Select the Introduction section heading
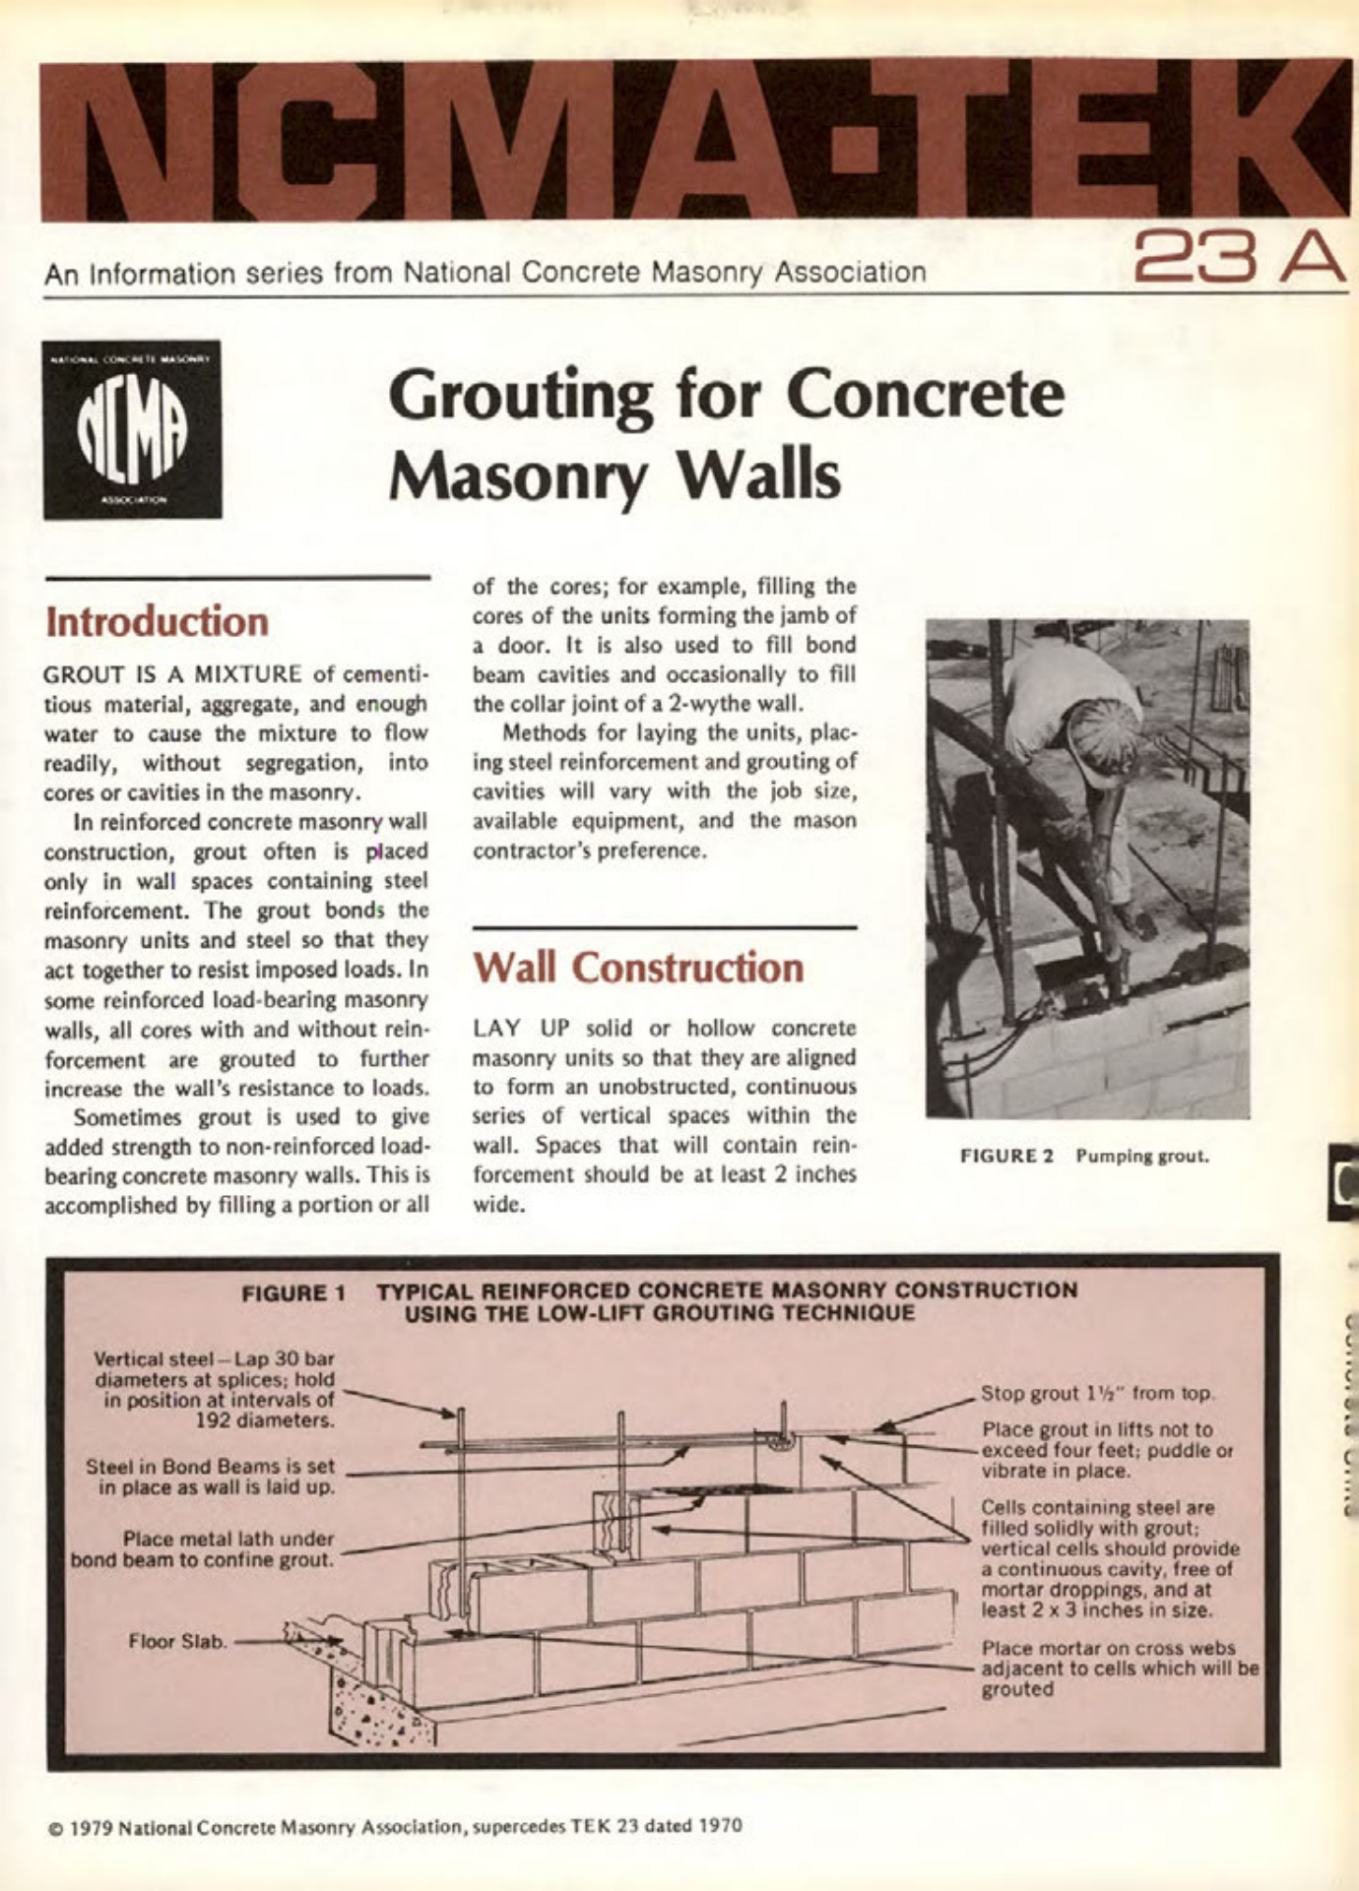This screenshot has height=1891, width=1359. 158,622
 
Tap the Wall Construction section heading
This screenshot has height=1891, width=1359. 638,968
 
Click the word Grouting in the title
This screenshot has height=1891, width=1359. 520,396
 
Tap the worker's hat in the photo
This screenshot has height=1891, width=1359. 1103,729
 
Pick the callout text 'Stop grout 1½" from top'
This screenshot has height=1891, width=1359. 1098,1393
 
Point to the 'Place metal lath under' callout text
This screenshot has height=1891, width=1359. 228,1539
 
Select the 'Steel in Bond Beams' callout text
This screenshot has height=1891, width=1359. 210,1466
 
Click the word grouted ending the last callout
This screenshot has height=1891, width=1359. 1017,1689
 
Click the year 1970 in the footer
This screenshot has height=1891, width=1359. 720,1826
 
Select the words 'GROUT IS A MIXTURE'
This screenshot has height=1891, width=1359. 173,674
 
